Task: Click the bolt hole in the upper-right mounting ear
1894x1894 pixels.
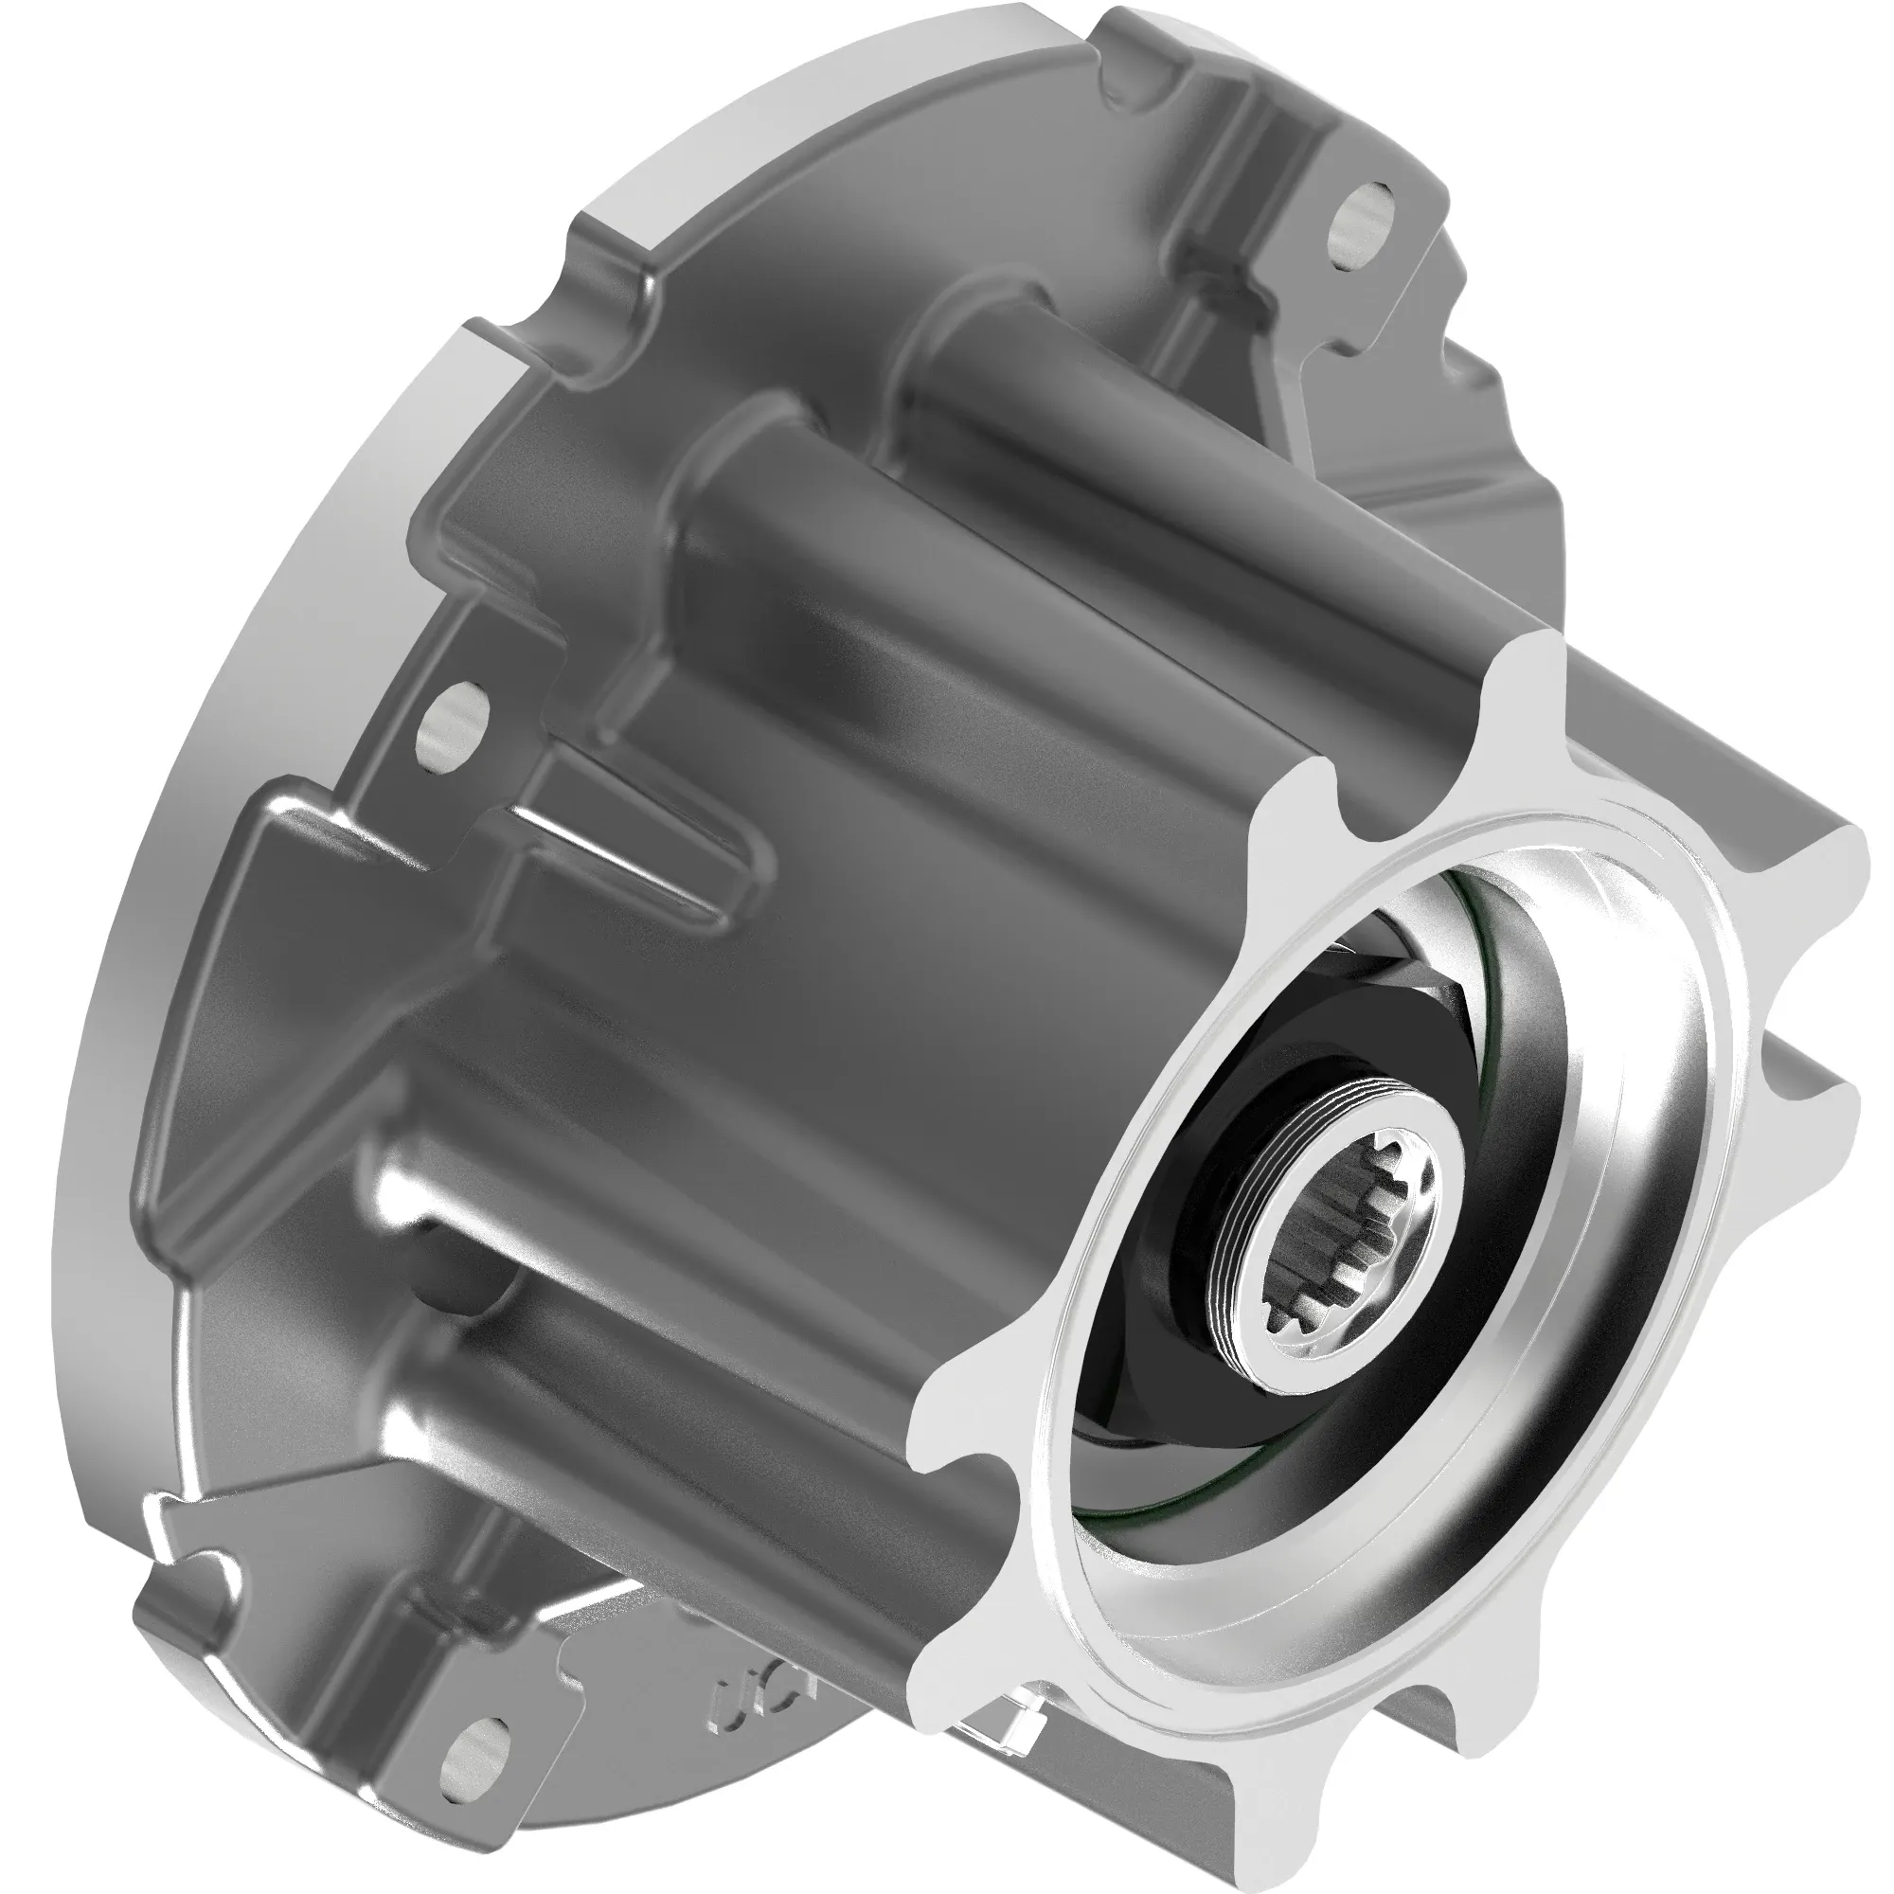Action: pos(1360,227)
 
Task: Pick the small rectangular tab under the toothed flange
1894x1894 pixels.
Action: pos(1005,1740)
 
